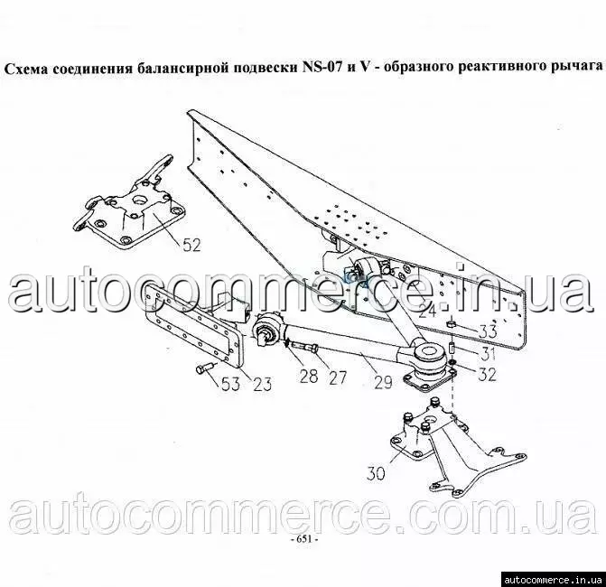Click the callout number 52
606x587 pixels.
pos(192,245)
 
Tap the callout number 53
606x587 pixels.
pos(230,384)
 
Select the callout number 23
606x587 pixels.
pos(263,384)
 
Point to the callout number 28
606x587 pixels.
pos(309,377)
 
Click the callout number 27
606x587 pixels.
pos(337,377)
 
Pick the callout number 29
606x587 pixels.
pos(383,382)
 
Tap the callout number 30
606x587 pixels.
pos(376,473)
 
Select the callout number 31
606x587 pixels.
pos(487,353)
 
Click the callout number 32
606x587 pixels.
pos(487,374)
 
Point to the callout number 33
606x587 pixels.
pos(488,331)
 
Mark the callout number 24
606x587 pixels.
pos(426,311)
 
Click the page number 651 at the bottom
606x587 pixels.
pos(303,539)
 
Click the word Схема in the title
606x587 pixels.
pos(26,68)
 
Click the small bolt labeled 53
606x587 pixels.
pos(204,368)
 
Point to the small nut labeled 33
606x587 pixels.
pos(451,323)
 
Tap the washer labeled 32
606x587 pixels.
pos(452,362)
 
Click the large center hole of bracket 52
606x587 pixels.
pos(139,200)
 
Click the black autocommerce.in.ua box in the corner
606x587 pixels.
pos(554,579)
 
